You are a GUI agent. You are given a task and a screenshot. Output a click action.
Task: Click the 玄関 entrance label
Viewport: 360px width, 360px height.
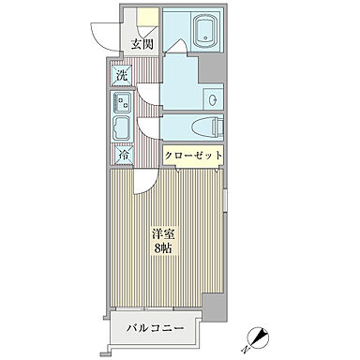coord(142,44)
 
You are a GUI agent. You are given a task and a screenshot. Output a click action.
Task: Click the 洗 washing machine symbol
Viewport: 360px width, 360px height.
coord(122,75)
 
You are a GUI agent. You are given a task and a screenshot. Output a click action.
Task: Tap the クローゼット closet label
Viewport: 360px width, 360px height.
coord(195,156)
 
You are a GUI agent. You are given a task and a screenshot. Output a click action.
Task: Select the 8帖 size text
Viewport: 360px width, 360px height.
coord(163,248)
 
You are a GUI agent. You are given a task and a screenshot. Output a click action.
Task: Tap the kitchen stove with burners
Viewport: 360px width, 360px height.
coord(123,103)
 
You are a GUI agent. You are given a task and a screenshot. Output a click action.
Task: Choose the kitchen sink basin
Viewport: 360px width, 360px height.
coord(123,127)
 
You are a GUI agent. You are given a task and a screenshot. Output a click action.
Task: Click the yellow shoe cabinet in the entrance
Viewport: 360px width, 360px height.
coord(144,20)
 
